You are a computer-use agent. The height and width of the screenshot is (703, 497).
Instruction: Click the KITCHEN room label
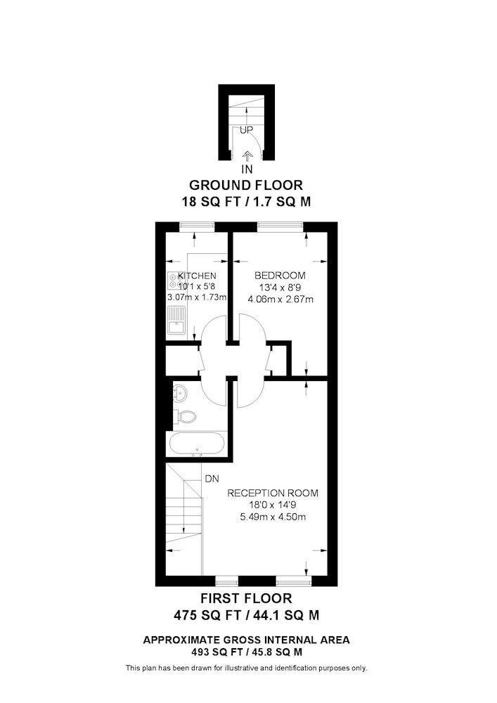tap(198, 276)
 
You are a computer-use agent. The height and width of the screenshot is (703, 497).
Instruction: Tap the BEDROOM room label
tap(280, 276)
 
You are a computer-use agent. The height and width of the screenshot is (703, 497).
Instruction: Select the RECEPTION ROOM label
tap(273, 494)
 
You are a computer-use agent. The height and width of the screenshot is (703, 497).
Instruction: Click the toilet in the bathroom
tap(185, 416)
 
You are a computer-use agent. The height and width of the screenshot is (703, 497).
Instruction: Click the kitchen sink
tap(176, 321)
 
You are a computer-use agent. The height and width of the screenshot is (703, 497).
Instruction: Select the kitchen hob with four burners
tap(172, 280)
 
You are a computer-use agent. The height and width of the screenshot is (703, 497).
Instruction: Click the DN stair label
tap(212, 479)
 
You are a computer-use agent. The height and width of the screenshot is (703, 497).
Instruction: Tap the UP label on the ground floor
tap(247, 130)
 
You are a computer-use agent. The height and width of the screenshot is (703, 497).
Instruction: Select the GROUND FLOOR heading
tap(246, 185)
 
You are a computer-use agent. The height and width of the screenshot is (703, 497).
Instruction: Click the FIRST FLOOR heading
tap(246, 598)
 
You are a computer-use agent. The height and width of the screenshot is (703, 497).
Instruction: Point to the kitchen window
tap(197, 228)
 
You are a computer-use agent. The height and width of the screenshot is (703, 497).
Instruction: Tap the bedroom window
tap(280, 228)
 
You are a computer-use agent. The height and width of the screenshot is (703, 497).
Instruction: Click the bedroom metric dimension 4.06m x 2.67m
tap(280, 299)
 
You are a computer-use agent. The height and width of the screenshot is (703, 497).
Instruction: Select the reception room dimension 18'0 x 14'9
tap(273, 505)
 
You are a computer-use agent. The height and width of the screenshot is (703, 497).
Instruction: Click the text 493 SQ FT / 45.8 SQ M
tap(247, 652)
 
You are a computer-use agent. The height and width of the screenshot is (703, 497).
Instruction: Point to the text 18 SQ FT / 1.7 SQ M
tap(246, 202)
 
